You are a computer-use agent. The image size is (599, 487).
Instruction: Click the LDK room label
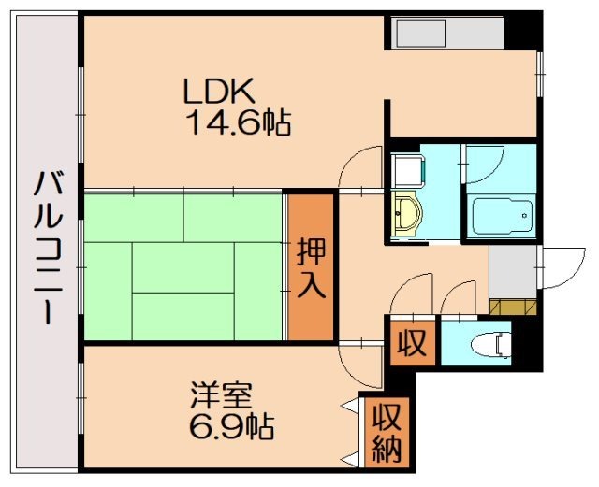pos(218,92)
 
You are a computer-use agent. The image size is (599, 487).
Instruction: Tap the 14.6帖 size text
pos(238,122)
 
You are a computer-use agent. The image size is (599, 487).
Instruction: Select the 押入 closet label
pos(311,267)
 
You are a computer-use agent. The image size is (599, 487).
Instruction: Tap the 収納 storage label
pos(386,433)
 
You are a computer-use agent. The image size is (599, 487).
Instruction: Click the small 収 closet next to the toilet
pos(411,343)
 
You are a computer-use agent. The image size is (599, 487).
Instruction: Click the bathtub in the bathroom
pos(501,218)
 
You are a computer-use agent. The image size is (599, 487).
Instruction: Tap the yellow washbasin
pos(406,214)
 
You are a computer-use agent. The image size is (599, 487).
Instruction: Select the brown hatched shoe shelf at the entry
pos(512,308)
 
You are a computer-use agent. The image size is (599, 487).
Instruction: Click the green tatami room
pos(183,266)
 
